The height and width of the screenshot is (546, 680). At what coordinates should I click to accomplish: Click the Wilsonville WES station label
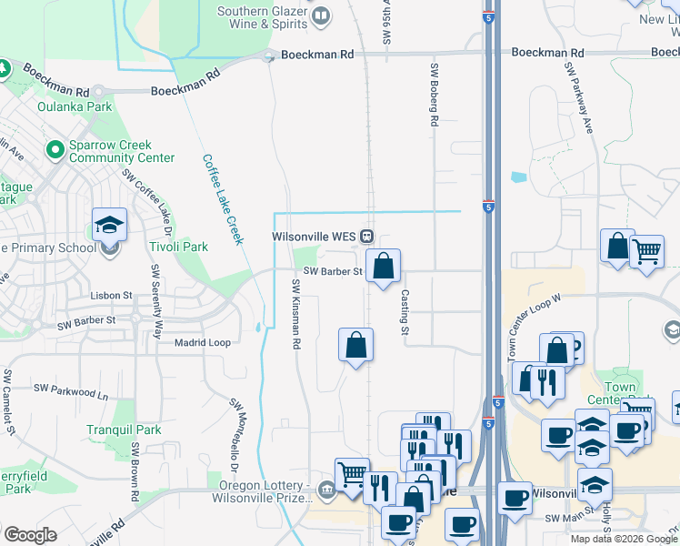(x=314, y=237)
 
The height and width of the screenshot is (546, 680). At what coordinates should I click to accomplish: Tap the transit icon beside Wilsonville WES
(x=366, y=237)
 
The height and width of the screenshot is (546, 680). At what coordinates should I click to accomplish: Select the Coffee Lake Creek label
(x=222, y=198)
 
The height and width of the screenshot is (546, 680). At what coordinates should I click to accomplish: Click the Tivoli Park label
(x=180, y=247)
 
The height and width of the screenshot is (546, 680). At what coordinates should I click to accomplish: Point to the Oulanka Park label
(x=75, y=106)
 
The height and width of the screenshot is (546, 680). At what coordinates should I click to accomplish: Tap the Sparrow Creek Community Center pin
(x=55, y=148)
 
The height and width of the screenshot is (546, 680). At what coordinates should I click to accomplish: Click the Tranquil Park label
(x=124, y=430)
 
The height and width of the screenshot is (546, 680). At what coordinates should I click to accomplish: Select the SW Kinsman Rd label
(x=295, y=315)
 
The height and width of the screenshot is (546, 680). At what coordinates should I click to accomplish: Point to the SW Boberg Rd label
(x=434, y=95)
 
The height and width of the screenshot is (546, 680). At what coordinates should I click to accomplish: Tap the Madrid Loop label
(x=204, y=342)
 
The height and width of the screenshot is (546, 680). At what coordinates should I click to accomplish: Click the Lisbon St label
(x=112, y=296)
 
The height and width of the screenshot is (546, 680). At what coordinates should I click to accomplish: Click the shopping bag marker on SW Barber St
(x=384, y=266)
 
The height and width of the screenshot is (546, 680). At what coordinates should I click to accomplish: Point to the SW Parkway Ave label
(x=580, y=98)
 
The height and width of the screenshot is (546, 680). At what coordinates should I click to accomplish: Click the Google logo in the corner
(x=30, y=535)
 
